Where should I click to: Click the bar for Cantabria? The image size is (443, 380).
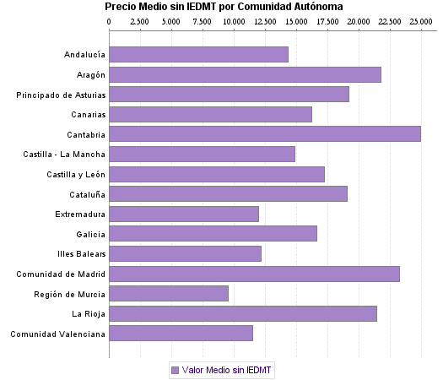click(264, 133)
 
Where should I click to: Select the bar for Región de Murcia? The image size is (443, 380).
click(168, 293)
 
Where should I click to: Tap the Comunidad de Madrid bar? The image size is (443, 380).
click(254, 274)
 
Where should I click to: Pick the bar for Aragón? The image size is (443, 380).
click(245, 74)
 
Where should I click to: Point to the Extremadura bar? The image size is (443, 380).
click(183, 214)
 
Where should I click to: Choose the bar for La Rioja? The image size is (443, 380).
click(242, 313)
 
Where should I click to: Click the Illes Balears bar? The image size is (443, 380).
click(185, 253)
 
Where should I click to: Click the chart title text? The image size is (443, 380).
click(224, 7)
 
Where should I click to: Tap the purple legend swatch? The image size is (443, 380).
click(175, 370)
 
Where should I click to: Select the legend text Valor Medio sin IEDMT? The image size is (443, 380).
click(228, 370)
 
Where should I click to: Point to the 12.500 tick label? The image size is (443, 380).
click(265, 21)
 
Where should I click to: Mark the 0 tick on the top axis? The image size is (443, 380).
click(109, 21)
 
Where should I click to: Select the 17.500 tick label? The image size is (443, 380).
click(327, 21)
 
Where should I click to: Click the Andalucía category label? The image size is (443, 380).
click(84, 55)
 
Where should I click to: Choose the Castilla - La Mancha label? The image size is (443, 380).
click(65, 155)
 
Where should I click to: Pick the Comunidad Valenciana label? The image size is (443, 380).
click(58, 334)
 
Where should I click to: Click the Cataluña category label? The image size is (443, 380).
click(86, 194)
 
